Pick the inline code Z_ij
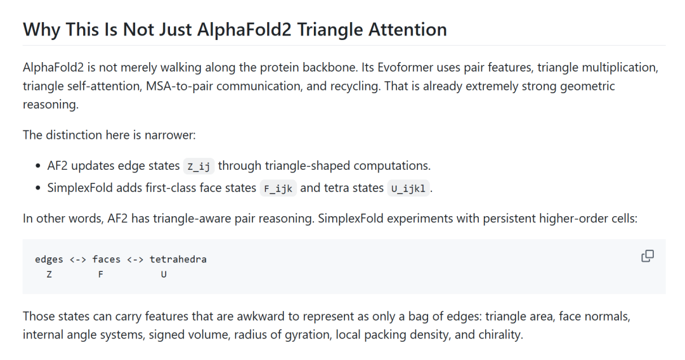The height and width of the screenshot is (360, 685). [x=199, y=166]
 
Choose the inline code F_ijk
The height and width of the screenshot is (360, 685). [x=278, y=188]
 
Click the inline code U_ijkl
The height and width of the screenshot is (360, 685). [x=408, y=188]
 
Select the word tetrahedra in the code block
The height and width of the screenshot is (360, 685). [x=178, y=259]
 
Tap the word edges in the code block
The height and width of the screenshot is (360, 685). [x=49, y=260]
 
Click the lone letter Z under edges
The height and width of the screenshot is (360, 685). [x=49, y=274]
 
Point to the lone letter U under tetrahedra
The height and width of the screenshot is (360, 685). [x=164, y=274]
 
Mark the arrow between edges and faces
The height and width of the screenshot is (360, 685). [x=78, y=260]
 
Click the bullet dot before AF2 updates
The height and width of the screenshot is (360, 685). [x=38, y=166]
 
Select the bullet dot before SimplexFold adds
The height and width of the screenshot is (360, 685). [x=38, y=188]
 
